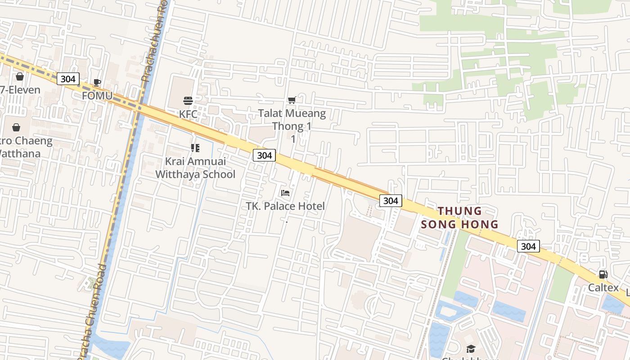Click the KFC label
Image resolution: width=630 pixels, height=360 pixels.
pyautogui.click(x=188, y=114)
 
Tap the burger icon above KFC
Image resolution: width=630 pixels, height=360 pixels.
pyautogui.click(x=188, y=100)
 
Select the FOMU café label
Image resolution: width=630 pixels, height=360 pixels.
pyautogui.click(x=97, y=96)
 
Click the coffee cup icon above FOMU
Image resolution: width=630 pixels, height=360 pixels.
pyautogui.click(x=97, y=82)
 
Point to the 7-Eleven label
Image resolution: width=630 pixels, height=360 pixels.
pyautogui.click(x=21, y=90)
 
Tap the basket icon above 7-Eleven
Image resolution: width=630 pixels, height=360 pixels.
pyautogui.click(x=20, y=76)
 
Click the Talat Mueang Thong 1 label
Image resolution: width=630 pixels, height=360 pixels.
pyautogui.click(x=292, y=119)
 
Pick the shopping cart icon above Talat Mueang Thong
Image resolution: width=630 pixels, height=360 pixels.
pyautogui.click(x=292, y=100)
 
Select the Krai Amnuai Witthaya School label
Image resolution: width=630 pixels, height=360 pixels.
pyautogui.click(x=195, y=167)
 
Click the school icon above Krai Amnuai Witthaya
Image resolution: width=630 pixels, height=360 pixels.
pyautogui.click(x=195, y=148)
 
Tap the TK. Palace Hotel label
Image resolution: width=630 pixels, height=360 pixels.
pyautogui.click(x=285, y=206)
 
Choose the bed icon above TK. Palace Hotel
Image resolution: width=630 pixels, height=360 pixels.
pyautogui.click(x=285, y=193)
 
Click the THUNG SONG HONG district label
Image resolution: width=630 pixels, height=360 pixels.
pyautogui.click(x=459, y=217)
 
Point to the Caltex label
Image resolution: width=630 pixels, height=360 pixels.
pyautogui.click(x=603, y=288)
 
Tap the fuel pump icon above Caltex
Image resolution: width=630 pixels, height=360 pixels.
pyautogui.click(x=603, y=274)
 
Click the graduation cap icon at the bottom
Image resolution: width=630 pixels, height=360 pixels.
pyautogui.click(x=471, y=349)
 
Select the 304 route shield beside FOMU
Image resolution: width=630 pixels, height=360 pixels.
pyautogui.click(x=68, y=79)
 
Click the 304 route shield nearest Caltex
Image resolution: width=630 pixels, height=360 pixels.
pyautogui.click(x=528, y=246)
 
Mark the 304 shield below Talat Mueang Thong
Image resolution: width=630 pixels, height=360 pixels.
pyautogui.click(x=264, y=155)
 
